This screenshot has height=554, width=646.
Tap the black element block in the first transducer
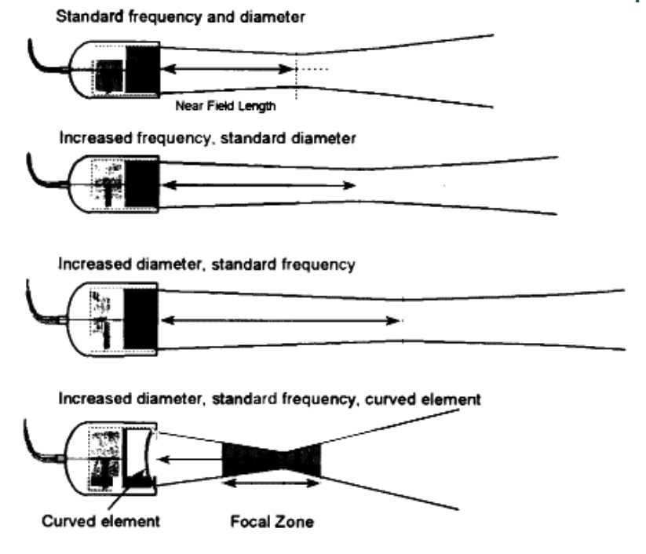point(142,70)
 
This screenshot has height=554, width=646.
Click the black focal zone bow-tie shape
point(272,459)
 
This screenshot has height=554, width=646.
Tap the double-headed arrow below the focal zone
point(272,483)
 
